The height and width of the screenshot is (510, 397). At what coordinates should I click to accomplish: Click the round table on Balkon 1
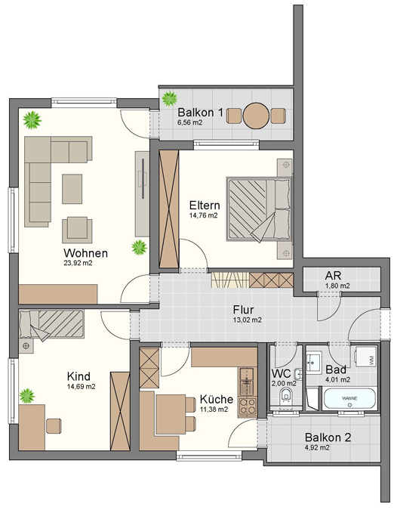[x=257, y=115]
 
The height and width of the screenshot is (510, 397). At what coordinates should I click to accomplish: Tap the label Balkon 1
[x=200, y=113]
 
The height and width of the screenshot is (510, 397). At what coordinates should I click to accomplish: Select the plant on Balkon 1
[x=169, y=97]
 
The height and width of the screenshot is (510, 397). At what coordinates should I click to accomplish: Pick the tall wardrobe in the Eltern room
[x=169, y=209]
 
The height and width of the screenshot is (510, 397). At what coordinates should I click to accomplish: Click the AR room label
[x=334, y=276]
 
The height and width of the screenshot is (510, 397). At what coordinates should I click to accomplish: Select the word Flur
[x=243, y=309]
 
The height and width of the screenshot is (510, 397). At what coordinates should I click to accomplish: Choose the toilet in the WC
[x=287, y=397]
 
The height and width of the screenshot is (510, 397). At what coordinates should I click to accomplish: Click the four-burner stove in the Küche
[x=247, y=404]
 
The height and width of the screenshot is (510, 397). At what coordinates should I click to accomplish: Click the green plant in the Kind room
[x=28, y=394]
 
